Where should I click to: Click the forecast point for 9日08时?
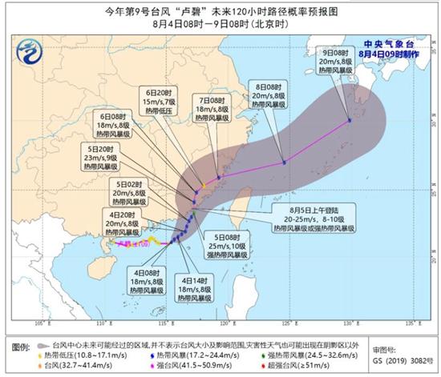pyautogui.click(x=350, y=121)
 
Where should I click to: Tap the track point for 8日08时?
pyautogui.click(x=284, y=163)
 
